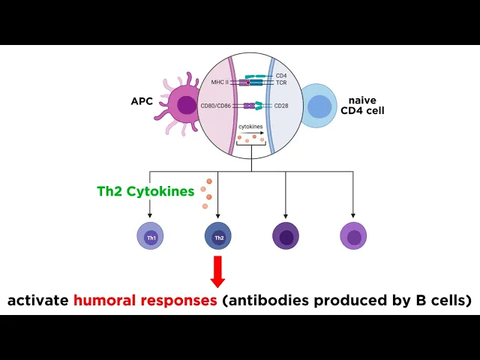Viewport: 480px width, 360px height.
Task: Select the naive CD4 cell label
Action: (360, 106)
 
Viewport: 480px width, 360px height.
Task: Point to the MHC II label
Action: (218, 82)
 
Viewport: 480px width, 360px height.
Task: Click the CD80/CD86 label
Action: (214, 106)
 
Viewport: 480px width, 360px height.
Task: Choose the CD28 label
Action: (281, 106)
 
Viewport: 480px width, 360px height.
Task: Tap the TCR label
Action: (281, 82)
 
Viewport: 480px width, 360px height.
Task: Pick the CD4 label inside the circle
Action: (281, 75)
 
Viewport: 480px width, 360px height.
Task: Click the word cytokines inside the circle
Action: (250, 127)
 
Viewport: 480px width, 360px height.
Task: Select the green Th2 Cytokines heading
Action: (145, 191)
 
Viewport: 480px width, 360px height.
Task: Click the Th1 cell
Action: (150, 237)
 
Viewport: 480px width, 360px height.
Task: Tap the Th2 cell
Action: (218, 237)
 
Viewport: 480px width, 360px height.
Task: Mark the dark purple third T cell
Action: (286, 237)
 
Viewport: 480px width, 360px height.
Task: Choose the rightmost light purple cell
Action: (353, 237)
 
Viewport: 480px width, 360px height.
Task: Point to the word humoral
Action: (105, 301)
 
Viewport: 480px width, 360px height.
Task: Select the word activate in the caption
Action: (38, 301)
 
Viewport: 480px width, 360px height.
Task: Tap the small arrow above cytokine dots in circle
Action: (253, 133)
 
